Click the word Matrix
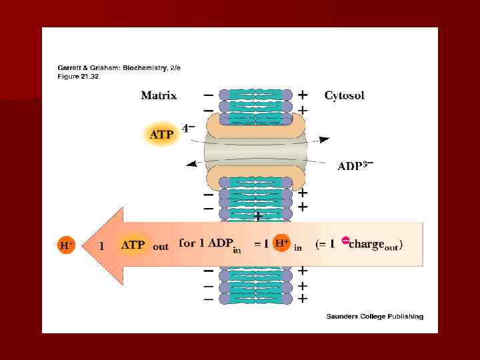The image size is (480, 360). (159, 95)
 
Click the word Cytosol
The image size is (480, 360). (344, 95)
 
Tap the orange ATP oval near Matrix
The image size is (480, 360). (161, 134)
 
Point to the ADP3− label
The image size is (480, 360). (355, 165)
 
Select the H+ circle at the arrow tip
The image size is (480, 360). (67, 245)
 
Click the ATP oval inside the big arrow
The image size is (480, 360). (134, 245)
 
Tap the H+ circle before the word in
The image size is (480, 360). (282, 243)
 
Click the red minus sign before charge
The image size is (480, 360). (345, 241)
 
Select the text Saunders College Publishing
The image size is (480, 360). (374, 316)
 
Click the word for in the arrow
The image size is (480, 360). (187, 243)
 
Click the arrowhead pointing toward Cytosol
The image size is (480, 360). (325, 139)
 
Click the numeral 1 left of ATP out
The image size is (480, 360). (101, 245)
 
